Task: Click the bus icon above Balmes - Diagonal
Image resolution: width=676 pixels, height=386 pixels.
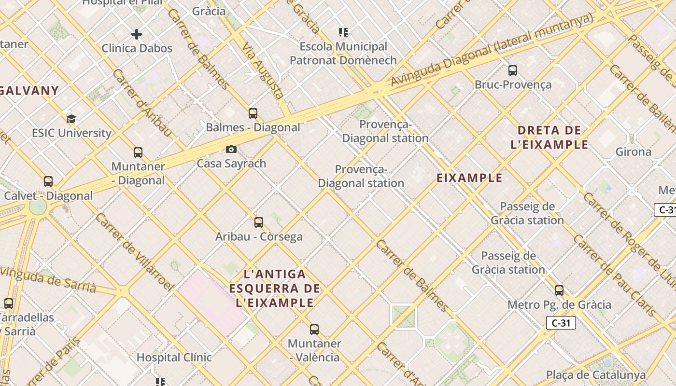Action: coord(253,113)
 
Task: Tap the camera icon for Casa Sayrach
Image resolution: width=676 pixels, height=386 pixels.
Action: coord(231,150)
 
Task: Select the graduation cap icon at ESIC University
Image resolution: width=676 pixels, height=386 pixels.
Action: coord(71,119)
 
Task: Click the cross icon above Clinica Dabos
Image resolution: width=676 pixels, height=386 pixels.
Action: coord(137,34)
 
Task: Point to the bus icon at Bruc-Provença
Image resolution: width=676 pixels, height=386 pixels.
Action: coord(513,70)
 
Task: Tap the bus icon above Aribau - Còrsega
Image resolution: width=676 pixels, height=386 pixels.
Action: coord(259,222)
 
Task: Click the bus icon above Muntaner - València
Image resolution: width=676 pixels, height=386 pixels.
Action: coord(314,330)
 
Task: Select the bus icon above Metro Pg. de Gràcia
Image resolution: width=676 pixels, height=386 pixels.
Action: coord(559,290)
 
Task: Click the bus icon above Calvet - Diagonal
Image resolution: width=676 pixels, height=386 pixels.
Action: coord(48,181)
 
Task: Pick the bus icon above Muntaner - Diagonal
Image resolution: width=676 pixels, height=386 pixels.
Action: coord(138,152)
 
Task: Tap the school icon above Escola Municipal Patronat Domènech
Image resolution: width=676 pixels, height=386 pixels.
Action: coord(343,32)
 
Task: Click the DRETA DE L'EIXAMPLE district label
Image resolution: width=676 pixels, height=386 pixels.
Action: coord(549,138)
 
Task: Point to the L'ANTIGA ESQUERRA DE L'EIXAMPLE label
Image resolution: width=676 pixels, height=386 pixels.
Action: coord(275,289)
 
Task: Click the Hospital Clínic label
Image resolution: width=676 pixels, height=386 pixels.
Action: coord(174,358)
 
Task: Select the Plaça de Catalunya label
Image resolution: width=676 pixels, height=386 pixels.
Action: coord(596,375)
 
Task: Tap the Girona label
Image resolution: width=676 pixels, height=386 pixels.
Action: coord(633,152)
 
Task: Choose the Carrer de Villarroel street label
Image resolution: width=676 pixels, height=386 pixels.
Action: coord(134,252)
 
